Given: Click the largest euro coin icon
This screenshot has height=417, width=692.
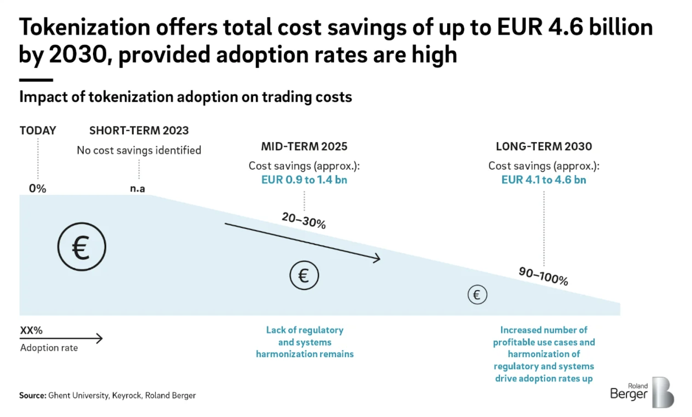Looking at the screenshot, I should tap(82, 247).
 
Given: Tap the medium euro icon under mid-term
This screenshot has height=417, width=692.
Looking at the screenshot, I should tap(304, 275).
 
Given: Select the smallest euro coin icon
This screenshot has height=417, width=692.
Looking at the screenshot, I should tap(477, 295).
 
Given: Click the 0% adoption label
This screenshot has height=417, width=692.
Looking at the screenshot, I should tap(38, 188).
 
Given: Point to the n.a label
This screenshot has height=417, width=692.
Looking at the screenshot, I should tap(138, 189).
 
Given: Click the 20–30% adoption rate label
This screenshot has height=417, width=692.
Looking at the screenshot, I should tap(304, 220).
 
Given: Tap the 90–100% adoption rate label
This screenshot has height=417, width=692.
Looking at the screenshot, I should tap(543, 276).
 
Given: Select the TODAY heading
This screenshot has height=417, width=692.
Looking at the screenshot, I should tap(38, 131).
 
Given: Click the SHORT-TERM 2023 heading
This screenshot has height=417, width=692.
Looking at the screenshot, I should tap(139, 131).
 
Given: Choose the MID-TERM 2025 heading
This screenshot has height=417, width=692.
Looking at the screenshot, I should tap(304, 147).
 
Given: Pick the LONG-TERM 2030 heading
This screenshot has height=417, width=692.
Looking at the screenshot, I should tap(544, 147).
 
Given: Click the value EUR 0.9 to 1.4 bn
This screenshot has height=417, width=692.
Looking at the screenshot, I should tap(304, 180).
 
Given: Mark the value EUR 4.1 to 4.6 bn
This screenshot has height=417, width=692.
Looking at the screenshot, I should tap(544, 180).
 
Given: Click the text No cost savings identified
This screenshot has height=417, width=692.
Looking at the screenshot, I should tap(139, 150).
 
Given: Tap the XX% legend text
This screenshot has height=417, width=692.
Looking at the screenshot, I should tap(31, 330).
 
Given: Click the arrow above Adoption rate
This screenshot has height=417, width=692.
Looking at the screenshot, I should tap(61, 338).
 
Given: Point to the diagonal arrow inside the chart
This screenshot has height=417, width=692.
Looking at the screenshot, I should tap(302, 241).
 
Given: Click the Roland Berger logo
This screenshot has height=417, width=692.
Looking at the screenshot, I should tap(642, 392).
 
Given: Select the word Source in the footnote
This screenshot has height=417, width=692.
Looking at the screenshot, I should tap(32, 395).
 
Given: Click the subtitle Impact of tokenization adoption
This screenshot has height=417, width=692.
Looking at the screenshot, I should tap(186, 97).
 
